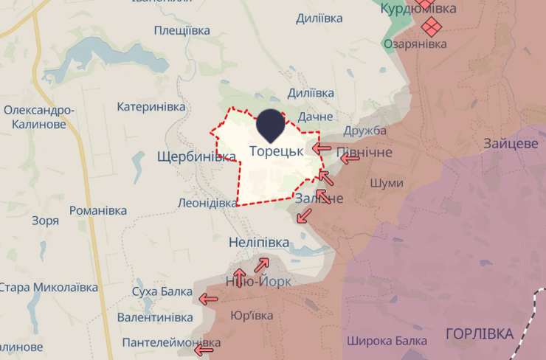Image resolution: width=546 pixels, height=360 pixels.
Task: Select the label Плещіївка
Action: [x=182, y=30]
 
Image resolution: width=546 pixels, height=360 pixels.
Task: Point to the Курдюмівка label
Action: [x=418, y=9]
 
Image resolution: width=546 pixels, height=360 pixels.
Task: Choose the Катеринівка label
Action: [x=151, y=107]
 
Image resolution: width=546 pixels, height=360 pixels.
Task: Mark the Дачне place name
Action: [x=316, y=117]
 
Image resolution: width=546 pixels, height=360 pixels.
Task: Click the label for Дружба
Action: [x=365, y=131]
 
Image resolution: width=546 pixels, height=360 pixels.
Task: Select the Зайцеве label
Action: [x=511, y=143]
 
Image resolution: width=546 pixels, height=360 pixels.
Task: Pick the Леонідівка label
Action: [x=207, y=203]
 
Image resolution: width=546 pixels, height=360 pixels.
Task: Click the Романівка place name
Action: [x=97, y=211]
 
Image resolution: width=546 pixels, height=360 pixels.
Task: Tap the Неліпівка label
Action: [x=258, y=243]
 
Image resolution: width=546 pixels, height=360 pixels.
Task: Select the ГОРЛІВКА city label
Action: [x=480, y=334]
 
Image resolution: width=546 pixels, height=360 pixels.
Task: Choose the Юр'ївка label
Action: [x=252, y=316]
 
